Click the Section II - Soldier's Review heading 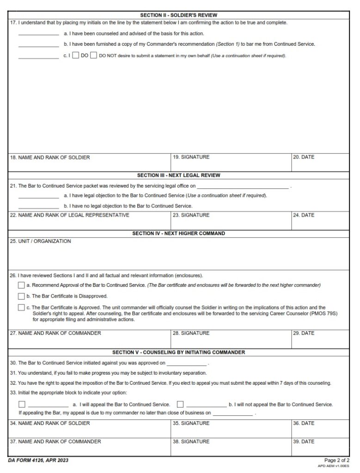pyautogui.click(x=178, y=15)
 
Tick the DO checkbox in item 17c pyautogui.click(x=76, y=56)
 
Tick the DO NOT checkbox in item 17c pyautogui.click(x=93, y=56)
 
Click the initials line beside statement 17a pyautogui.click(x=38, y=34)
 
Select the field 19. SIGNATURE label pyautogui.click(x=191, y=157)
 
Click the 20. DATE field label pyautogui.click(x=304, y=157)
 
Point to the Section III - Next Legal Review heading pyautogui.click(x=178, y=176)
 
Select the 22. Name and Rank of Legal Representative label pyautogui.click(x=70, y=215)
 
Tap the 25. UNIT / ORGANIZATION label pyautogui.click(x=41, y=241)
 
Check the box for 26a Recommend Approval pyautogui.click(x=21, y=285)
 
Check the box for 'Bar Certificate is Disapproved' pyautogui.click(x=21, y=296)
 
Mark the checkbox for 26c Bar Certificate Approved pyautogui.click(x=21, y=307)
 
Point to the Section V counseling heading pyautogui.click(x=178, y=352)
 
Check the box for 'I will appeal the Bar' pyautogui.click(x=22, y=404)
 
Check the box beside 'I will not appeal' pyautogui.click(x=180, y=404)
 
